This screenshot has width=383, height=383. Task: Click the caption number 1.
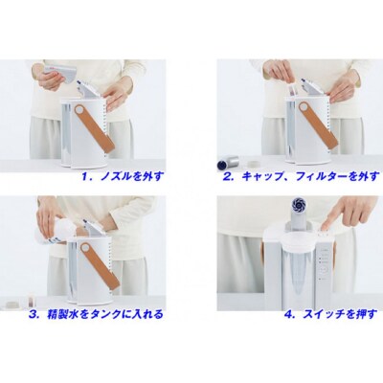[x=84, y=176]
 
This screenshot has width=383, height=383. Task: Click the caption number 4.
[x=289, y=315]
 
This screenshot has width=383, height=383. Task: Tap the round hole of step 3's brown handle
[x=85, y=247]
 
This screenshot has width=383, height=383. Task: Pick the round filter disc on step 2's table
[x=255, y=164]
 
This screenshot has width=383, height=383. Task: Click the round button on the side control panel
[x=324, y=269]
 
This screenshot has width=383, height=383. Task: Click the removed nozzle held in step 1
[x=61, y=73]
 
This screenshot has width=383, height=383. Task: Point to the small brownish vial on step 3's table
[x=31, y=302]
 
